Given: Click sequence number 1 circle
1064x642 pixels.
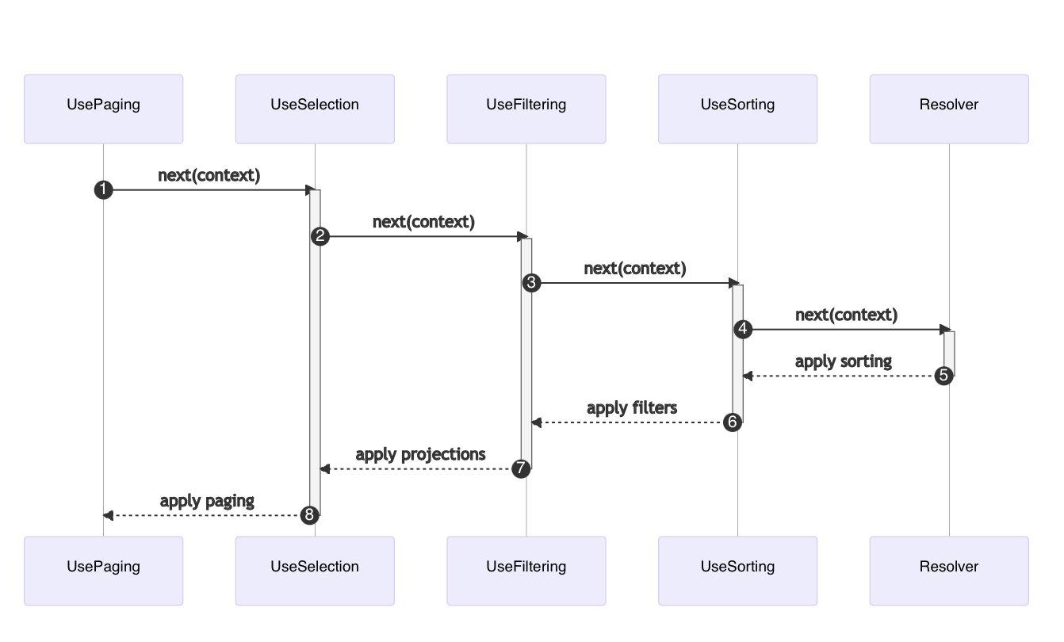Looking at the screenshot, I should [103, 189].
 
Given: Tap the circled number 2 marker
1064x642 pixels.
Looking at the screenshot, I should [320, 236].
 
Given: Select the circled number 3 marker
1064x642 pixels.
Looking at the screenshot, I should [531, 283].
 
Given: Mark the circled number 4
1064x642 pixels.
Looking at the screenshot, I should [743, 329].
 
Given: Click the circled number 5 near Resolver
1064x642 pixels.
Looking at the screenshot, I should [943, 376].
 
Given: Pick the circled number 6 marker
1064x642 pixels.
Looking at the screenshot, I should [732, 422].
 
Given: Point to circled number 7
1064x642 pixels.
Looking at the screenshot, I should [520, 468].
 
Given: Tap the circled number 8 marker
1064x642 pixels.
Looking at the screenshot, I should [309, 515].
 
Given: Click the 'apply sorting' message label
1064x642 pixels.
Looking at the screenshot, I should [843, 361].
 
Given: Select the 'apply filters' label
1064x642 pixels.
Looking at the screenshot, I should [632, 408].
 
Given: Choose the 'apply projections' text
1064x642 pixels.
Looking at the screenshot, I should [420, 454].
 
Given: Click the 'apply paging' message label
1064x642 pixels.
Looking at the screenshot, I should [207, 501].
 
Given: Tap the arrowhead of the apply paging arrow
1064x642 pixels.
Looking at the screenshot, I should [109, 515].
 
